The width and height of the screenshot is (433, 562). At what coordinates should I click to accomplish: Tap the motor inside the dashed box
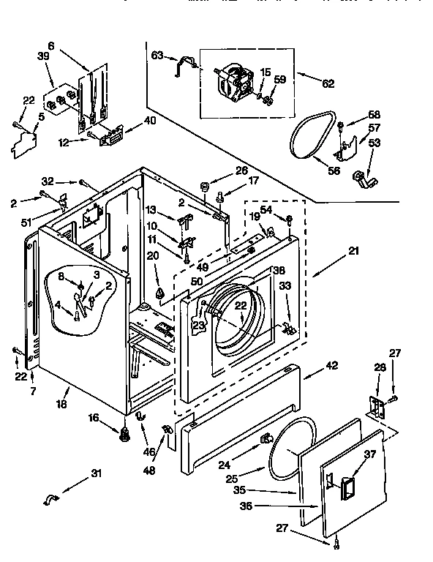pyautogui.click(x=235, y=80)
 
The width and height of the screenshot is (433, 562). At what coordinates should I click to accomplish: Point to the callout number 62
pyautogui.click(x=327, y=83)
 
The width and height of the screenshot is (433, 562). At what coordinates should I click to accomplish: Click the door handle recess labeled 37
pyautogui.click(x=347, y=482)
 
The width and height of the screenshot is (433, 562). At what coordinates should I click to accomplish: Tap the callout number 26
pyautogui.click(x=242, y=171)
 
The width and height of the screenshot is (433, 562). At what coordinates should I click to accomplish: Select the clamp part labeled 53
pyautogui.click(x=361, y=178)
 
